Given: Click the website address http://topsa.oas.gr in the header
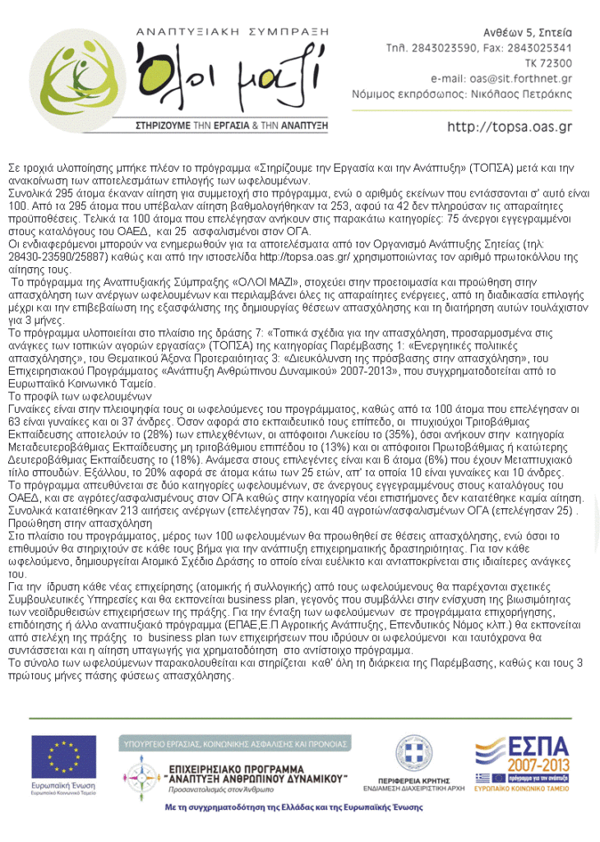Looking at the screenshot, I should pyautogui.click(x=509, y=127).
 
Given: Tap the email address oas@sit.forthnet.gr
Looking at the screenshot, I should pyautogui.click(x=525, y=78).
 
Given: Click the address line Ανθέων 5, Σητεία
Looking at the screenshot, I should pyautogui.click(x=526, y=32).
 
